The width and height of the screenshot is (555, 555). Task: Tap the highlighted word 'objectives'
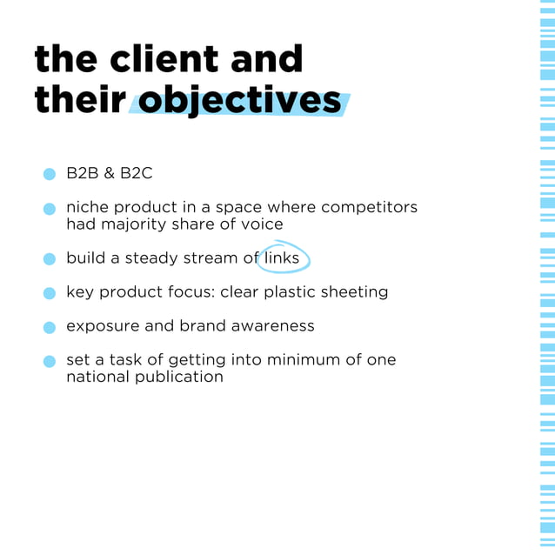(x=240, y=101)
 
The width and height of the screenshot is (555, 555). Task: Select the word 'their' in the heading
(x=78, y=101)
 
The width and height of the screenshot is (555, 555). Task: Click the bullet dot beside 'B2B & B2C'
(x=50, y=174)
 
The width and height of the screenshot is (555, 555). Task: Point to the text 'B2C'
(x=137, y=173)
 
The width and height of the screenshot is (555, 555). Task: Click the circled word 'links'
(x=282, y=257)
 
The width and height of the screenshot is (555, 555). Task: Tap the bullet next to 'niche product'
(x=50, y=209)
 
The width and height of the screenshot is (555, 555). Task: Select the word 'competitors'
(x=369, y=207)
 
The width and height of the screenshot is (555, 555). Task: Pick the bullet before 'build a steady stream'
(x=50, y=259)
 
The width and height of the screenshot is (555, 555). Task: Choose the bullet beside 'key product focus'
(x=50, y=293)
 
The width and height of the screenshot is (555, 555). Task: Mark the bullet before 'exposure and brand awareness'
(x=50, y=327)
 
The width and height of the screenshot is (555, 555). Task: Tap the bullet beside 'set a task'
(x=50, y=361)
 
